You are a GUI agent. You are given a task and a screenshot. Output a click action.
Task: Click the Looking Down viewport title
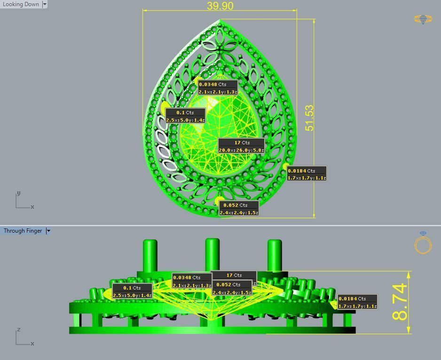click(21, 4)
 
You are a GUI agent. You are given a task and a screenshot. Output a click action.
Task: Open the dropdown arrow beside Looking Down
click(45, 4)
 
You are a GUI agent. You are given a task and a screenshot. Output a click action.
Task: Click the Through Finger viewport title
click(23, 231)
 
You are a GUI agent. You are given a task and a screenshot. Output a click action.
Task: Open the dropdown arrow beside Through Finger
click(48, 231)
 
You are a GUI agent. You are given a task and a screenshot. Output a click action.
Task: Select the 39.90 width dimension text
click(220, 6)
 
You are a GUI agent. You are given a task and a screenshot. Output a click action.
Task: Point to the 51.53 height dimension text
click(309, 118)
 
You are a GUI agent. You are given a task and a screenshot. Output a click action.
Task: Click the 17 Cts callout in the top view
click(241, 146)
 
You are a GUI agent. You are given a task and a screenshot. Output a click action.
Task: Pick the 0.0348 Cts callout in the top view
click(218, 88)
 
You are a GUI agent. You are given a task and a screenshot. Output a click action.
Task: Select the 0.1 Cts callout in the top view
click(185, 116)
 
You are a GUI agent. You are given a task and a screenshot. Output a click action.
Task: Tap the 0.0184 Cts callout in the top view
click(307, 174)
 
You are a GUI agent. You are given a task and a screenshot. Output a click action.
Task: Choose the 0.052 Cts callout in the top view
click(239, 209)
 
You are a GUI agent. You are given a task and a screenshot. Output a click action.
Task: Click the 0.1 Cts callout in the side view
click(132, 291)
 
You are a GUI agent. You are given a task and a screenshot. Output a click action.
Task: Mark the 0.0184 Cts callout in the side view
click(357, 302)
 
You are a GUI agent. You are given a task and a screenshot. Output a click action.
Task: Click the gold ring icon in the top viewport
click(423, 19)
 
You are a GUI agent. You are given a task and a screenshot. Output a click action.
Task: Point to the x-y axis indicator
click(24, 201)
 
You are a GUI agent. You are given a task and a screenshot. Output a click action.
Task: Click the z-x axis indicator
click(24, 337)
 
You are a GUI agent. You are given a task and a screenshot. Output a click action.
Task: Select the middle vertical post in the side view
click(212, 254)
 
